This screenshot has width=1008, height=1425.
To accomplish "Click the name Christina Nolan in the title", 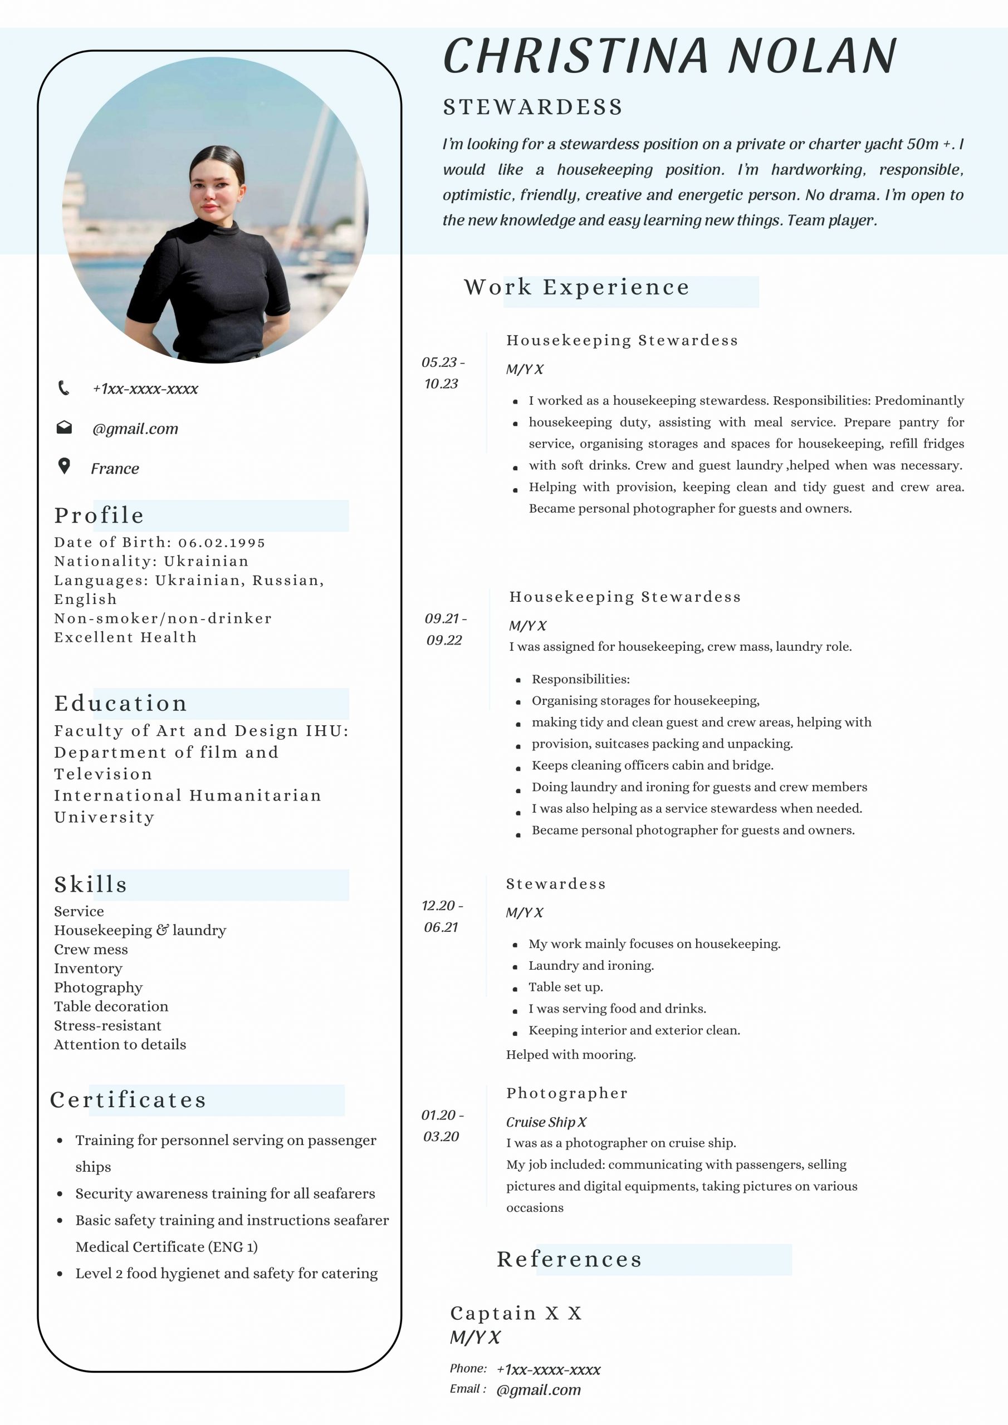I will click(x=669, y=56).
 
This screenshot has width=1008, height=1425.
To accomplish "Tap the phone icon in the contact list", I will click(x=63, y=388).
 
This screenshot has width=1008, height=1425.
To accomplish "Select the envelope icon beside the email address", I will click(x=64, y=427).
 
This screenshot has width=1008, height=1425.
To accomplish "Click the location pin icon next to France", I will click(x=64, y=466).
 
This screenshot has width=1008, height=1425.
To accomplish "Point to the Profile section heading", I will click(x=99, y=515).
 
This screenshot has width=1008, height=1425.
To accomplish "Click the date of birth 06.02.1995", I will click(x=222, y=542).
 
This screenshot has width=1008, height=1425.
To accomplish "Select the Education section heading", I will click(x=120, y=703).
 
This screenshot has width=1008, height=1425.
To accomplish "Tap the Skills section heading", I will click(x=91, y=885).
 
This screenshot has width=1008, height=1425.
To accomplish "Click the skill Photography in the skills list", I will click(x=98, y=987).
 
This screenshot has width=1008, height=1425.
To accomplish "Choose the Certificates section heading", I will click(x=128, y=1100).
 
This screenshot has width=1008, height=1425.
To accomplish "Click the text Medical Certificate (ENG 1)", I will click(x=167, y=1246).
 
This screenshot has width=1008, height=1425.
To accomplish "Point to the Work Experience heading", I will click(x=576, y=287).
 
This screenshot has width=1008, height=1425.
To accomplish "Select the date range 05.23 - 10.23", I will click(x=442, y=372).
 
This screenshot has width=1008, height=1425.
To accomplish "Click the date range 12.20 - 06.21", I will click(x=442, y=916).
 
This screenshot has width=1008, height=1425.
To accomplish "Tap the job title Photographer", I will click(x=566, y=1093).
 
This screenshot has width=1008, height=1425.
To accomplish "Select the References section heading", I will click(x=569, y=1259).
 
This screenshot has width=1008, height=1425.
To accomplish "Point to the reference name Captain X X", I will click(x=516, y=1313).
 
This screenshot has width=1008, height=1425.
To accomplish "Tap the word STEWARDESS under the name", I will click(x=533, y=107).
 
